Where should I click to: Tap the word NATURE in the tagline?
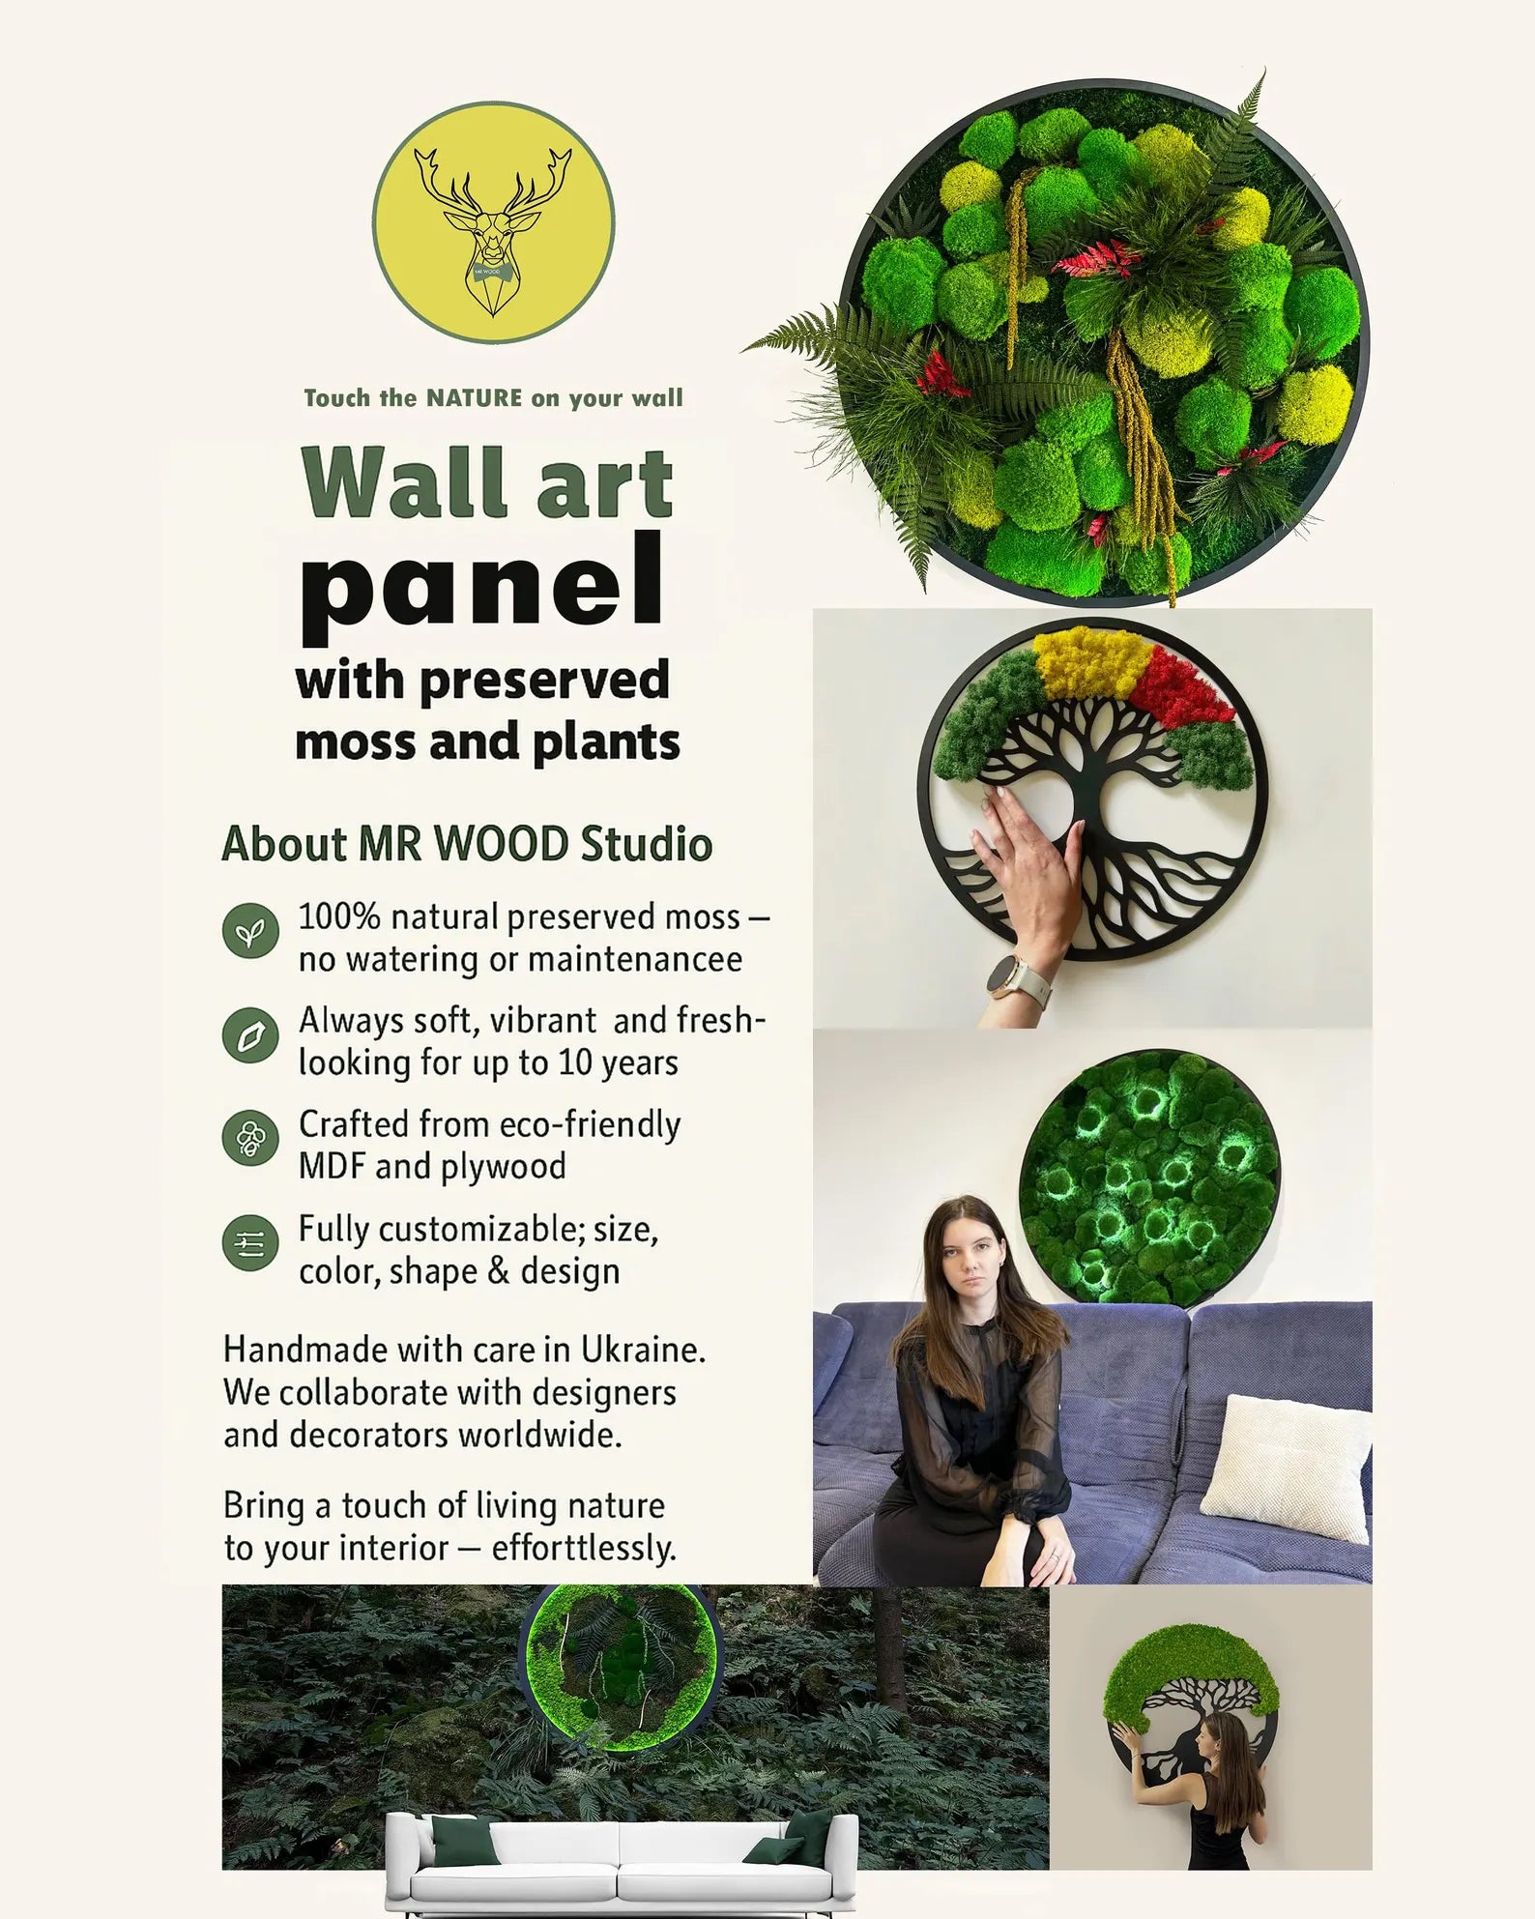click(475, 398)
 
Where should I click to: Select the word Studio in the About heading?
click(647, 844)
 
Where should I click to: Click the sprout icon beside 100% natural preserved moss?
click(250, 932)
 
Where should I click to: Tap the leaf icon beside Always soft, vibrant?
click(250, 1035)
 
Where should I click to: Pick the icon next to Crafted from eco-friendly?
click(250, 1138)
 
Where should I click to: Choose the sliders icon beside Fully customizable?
click(250, 1243)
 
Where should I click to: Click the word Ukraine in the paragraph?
click(643, 1350)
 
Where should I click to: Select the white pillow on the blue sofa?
click(1287, 1468)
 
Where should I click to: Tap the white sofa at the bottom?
click(622, 1864)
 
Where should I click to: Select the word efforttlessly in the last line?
click(583, 1549)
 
